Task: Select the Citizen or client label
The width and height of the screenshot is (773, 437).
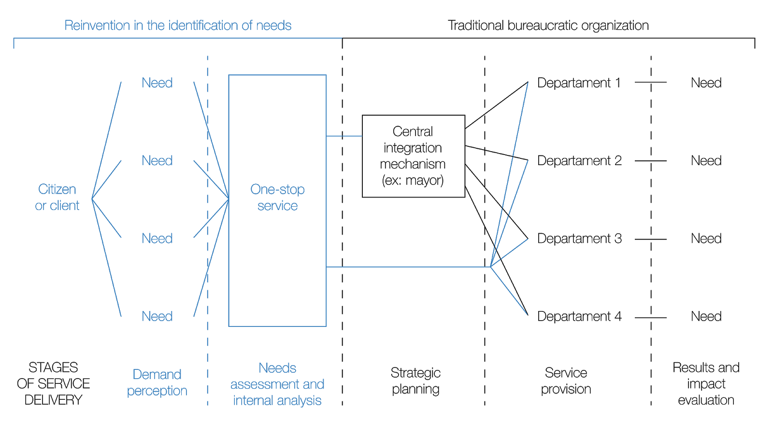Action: (x=57, y=197)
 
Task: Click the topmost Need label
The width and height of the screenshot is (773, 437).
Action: (x=157, y=83)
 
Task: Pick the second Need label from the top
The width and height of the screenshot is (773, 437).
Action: (x=157, y=161)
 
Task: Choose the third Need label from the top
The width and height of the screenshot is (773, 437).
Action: (x=157, y=239)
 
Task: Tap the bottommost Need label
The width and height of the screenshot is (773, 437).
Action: (x=157, y=317)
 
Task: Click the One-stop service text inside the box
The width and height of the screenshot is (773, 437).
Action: (x=277, y=197)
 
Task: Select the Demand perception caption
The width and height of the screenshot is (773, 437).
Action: (x=157, y=382)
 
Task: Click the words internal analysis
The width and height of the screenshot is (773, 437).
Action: (x=277, y=401)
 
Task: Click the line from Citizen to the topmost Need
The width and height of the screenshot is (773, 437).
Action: (x=107, y=140)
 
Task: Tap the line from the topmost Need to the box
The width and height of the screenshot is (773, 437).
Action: (x=211, y=140)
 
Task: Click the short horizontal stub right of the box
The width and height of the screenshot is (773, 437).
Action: (x=344, y=136)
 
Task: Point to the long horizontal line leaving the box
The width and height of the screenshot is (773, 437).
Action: (x=408, y=267)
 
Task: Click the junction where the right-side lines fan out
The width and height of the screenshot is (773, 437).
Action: (x=491, y=267)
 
